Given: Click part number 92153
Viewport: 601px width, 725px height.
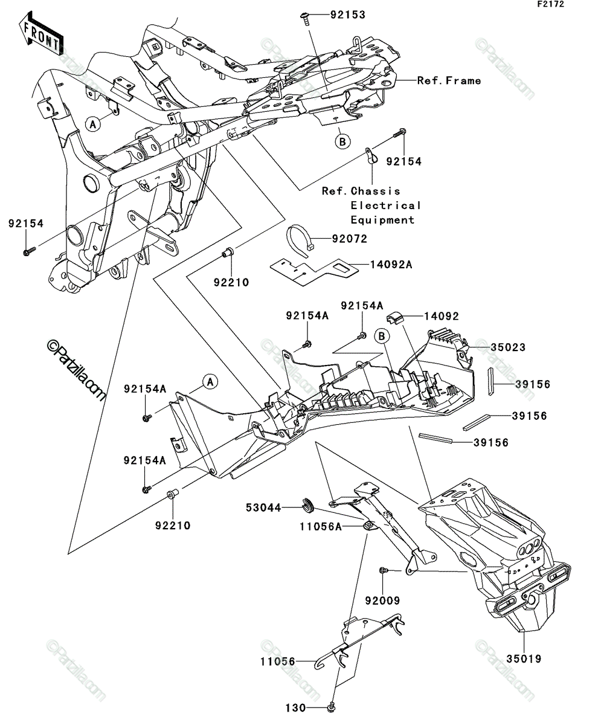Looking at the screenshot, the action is click(347, 15).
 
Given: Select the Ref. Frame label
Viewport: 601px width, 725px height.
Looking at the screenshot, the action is click(449, 80).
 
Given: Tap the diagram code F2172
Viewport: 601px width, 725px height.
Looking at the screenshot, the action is click(551, 4).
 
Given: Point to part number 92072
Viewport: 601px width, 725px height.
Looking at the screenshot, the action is click(349, 239).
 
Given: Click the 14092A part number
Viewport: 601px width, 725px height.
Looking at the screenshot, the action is click(391, 265).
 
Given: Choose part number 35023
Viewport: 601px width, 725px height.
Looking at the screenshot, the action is click(508, 347).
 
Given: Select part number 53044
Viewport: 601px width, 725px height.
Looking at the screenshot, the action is click(263, 507).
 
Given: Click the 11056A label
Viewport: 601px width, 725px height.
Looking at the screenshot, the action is click(321, 527).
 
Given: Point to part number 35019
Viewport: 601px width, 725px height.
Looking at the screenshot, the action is click(524, 659).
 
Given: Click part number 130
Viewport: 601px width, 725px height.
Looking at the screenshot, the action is click(295, 707).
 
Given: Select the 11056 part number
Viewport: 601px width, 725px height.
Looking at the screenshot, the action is click(278, 662).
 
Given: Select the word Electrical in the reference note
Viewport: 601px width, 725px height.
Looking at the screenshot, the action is click(385, 205).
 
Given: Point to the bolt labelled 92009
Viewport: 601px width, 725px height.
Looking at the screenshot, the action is click(384, 570).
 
